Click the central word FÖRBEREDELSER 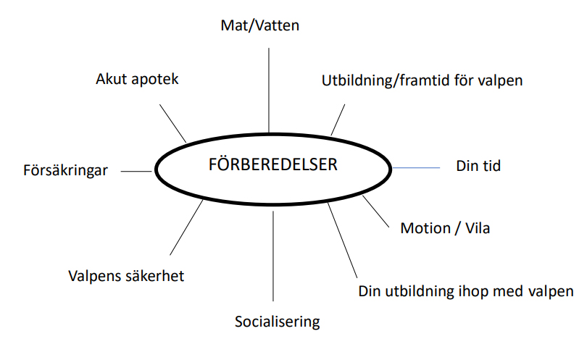[x=273, y=164]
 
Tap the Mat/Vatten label [x=260, y=25]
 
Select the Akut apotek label [x=137, y=79]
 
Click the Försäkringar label [x=65, y=170]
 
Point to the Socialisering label [x=278, y=322]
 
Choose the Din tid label [x=478, y=166]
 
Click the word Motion [x=425, y=228]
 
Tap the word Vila [x=478, y=228]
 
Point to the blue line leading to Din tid [x=416, y=167]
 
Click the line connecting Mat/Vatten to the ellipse [x=269, y=91]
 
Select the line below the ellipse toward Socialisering [x=273, y=256]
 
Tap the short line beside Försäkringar [x=136, y=172]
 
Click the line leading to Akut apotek [x=173, y=123]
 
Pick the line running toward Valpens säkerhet [x=186, y=227]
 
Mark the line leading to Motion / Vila [x=376, y=212]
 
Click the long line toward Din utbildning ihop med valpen [x=343, y=240]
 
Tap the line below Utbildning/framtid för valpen [x=338, y=120]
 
